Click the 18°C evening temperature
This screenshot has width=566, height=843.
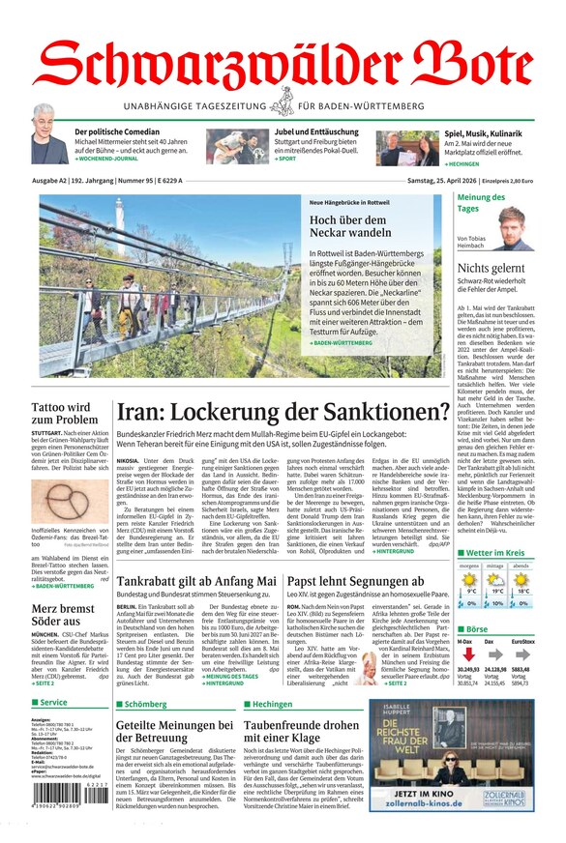522,590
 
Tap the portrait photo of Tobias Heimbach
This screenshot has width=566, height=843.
517,228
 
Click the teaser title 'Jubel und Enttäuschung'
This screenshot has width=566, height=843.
315,131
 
